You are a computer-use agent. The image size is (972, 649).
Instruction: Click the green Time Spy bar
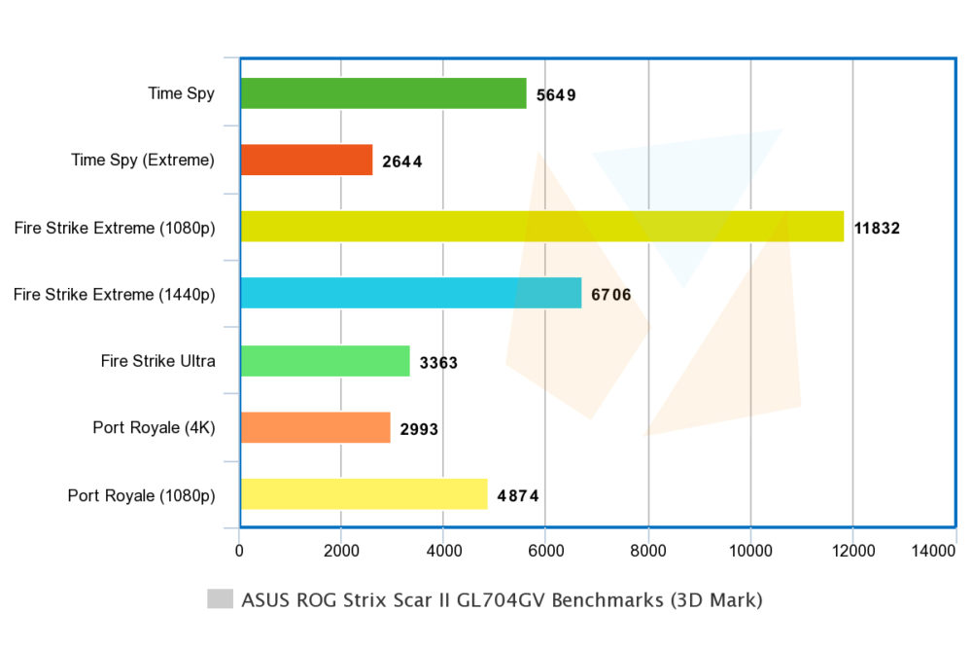pos(384,93)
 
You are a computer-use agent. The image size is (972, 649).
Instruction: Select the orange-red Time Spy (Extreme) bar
pos(307,161)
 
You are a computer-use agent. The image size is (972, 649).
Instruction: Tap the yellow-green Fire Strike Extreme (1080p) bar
pos(542,227)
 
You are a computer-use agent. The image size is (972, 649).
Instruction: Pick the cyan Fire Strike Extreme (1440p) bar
pos(411,293)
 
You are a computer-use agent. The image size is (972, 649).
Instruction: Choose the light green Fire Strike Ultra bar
pos(326,361)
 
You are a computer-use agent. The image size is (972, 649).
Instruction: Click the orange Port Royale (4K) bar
pos(316,427)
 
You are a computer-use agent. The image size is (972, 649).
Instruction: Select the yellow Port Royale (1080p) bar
pos(364,494)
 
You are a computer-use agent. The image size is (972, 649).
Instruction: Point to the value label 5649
pos(556,95)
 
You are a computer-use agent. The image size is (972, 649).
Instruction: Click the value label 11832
pos(877,228)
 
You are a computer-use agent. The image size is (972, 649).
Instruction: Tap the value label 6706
pos(611,294)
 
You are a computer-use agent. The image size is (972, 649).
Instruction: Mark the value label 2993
pos(419,429)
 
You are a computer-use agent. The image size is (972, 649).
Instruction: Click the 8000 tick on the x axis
pos(647,551)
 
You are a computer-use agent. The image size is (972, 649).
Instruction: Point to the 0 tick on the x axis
pos(239,551)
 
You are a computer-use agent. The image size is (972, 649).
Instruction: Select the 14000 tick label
pos(933,551)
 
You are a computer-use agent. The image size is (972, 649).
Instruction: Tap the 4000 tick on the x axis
pos(444,551)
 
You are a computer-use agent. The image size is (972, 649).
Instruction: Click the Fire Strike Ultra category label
pos(158,361)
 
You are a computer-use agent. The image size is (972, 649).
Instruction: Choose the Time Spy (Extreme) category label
pos(143,161)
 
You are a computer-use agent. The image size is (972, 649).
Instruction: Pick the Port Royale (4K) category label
pos(154,427)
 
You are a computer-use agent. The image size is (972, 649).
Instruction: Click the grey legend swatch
pos(220,598)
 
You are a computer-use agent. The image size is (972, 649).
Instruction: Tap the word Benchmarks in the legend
pos(607,600)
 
